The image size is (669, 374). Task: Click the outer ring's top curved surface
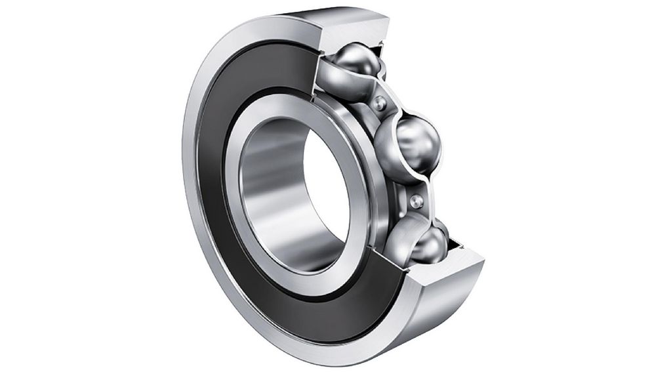[x=275, y=26]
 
